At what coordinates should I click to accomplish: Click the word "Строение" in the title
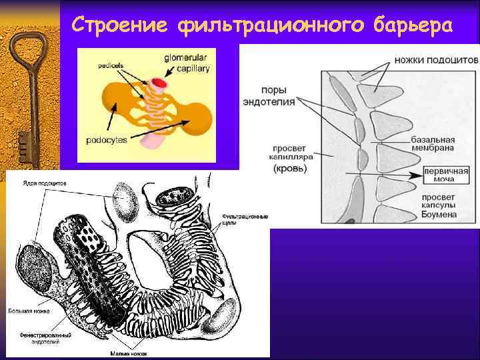click(119, 25)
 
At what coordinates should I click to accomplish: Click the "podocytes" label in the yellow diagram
click(107, 140)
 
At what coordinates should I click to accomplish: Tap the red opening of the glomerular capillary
click(159, 83)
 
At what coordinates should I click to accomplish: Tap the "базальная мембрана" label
click(433, 144)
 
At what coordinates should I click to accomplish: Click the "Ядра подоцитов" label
click(44, 183)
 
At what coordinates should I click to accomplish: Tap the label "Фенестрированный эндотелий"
click(45, 339)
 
